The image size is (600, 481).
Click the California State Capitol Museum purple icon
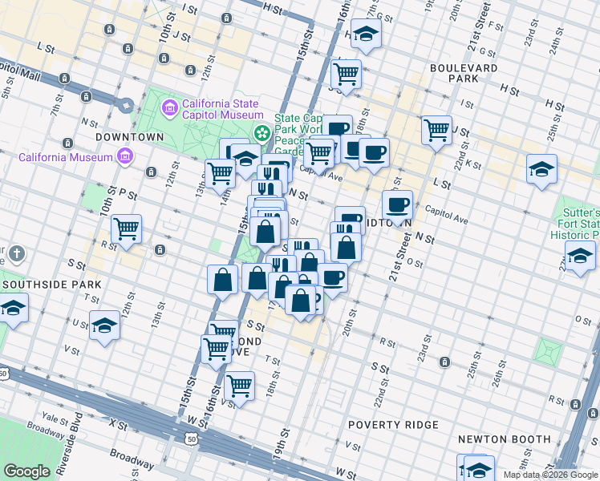[169, 107]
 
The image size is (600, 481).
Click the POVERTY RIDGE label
[393, 424]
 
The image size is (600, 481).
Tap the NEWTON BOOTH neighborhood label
[504, 439]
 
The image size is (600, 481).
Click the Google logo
[26, 471]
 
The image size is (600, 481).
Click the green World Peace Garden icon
[261, 132]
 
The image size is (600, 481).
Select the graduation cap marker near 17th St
[366, 34]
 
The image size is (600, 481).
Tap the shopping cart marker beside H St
[346, 74]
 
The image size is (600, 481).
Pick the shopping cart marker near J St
[436, 128]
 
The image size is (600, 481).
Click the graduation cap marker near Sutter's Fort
[579, 257]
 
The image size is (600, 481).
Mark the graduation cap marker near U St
[104, 325]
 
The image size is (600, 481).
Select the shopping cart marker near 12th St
[126, 228]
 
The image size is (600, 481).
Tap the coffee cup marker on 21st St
[397, 204]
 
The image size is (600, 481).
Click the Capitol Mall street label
[19, 69]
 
